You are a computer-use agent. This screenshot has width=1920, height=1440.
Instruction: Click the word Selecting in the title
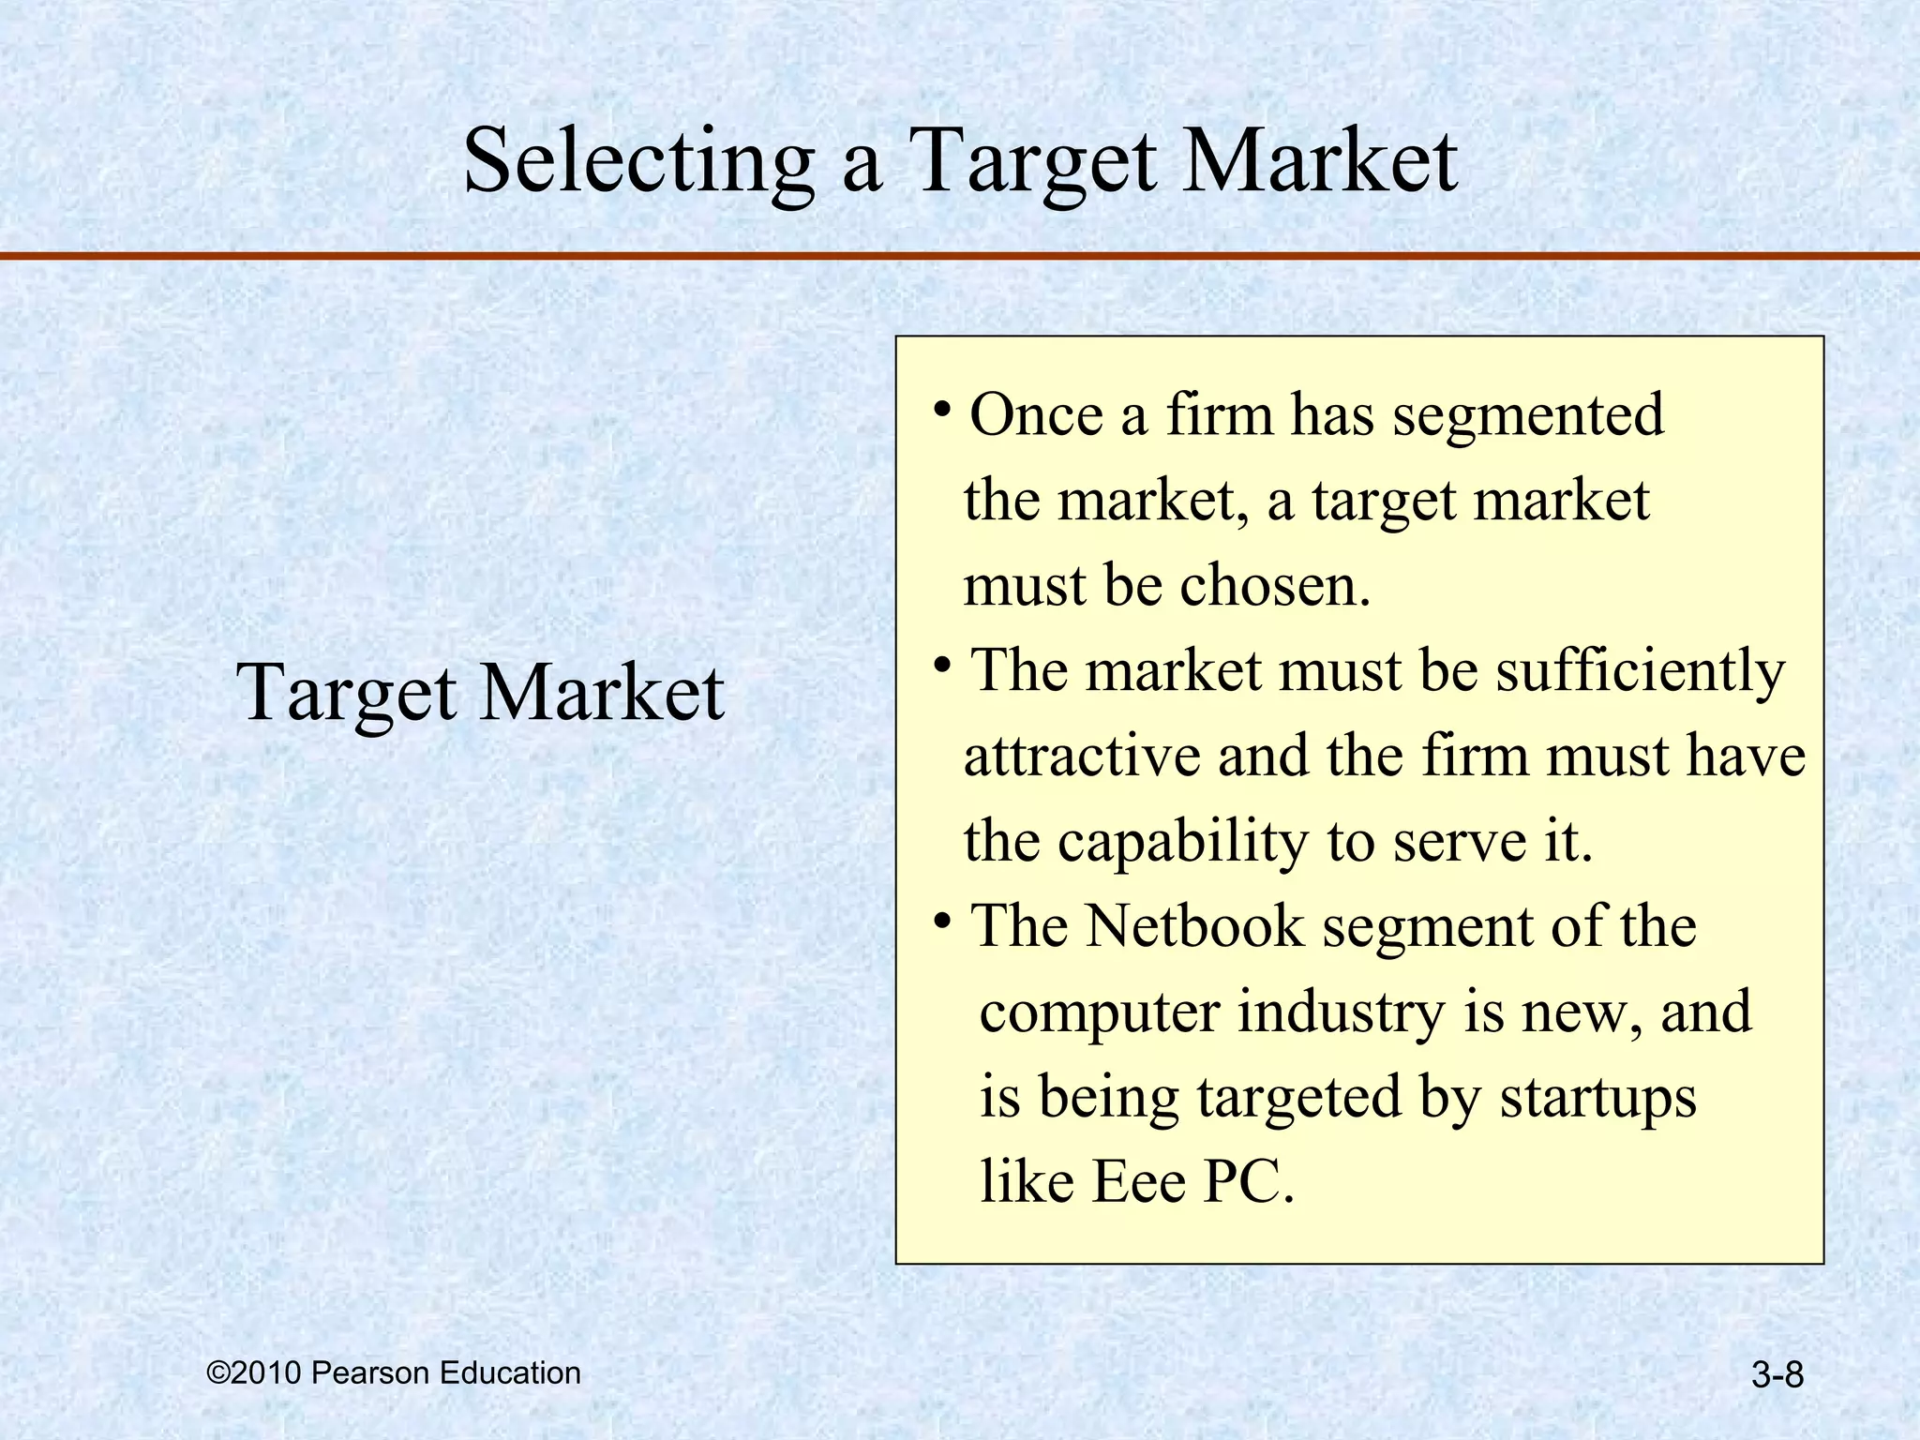(638, 161)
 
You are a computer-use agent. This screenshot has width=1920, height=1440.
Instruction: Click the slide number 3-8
(1777, 1376)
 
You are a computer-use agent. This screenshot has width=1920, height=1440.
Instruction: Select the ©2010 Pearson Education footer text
(394, 1373)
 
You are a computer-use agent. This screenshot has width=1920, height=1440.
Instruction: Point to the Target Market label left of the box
(480, 692)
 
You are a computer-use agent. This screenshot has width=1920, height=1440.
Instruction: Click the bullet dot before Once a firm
(942, 409)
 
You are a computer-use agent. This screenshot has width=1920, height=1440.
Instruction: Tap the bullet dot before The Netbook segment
(942, 921)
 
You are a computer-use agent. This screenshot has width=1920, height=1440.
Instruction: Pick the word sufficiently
(1640, 672)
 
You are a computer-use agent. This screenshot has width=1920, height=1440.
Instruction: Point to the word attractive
(1082, 756)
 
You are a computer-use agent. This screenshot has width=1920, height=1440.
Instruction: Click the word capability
(1183, 841)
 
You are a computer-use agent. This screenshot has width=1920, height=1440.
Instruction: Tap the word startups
(1597, 1097)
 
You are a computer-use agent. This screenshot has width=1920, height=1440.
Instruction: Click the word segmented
(1527, 415)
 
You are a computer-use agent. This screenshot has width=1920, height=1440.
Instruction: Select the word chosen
(1274, 586)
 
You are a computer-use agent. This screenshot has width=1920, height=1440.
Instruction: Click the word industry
(1342, 1012)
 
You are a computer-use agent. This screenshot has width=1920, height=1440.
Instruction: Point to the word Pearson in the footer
(370, 1373)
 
